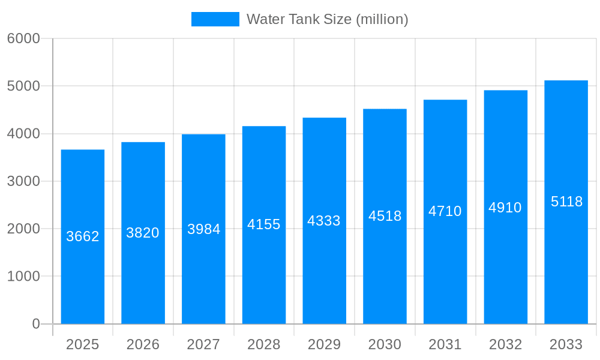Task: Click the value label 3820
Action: [x=143, y=233]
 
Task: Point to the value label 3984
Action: [x=204, y=229]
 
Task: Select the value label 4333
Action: [x=324, y=221]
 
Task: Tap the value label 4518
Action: [x=385, y=216]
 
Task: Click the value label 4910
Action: [x=505, y=208]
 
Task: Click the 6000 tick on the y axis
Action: [x=23, y=38]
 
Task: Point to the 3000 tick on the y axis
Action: [x=23, y=181]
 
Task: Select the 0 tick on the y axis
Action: [x=35, y=324]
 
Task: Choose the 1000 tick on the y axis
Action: [x=23, y=277]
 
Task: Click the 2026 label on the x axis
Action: [x=143, y=344]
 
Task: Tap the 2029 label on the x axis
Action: [x=324, y=344]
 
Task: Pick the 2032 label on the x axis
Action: [x=505, y=344]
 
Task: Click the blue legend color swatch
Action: [x=215, y=19]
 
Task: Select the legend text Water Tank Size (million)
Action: [x=327, y=19]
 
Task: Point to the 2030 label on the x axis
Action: [x=385, y=344]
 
